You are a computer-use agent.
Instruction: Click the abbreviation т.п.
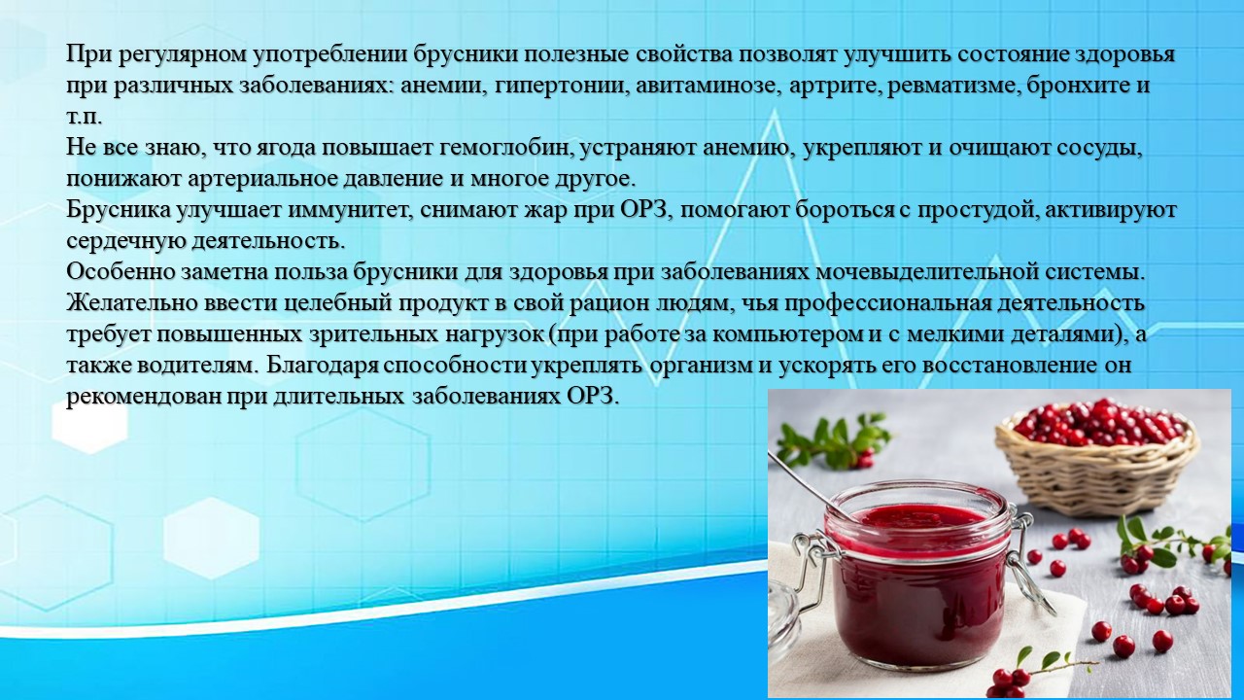tap(85, 119)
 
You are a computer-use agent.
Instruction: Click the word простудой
tap(973, 212)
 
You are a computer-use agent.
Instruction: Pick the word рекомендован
tap(143, 399)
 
